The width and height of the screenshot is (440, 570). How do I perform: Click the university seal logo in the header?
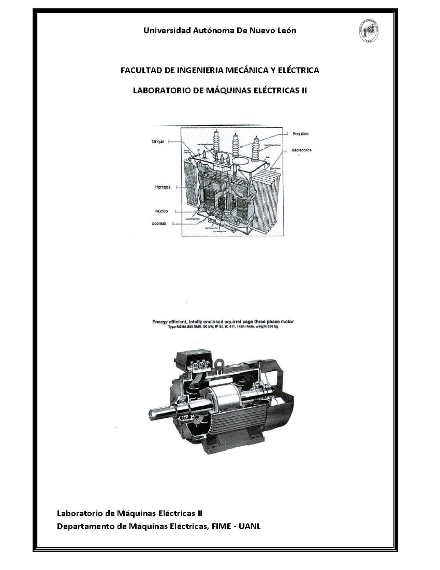368,31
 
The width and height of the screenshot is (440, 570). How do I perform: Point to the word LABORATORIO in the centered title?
162,90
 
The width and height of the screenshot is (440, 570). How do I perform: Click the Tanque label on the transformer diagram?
158,141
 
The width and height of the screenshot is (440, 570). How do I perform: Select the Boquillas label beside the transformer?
300,134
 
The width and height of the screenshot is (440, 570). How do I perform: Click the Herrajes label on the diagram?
162,187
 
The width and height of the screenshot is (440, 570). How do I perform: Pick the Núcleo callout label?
161,211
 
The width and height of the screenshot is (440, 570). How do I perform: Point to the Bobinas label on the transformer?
159,223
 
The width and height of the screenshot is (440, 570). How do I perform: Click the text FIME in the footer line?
221,526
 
